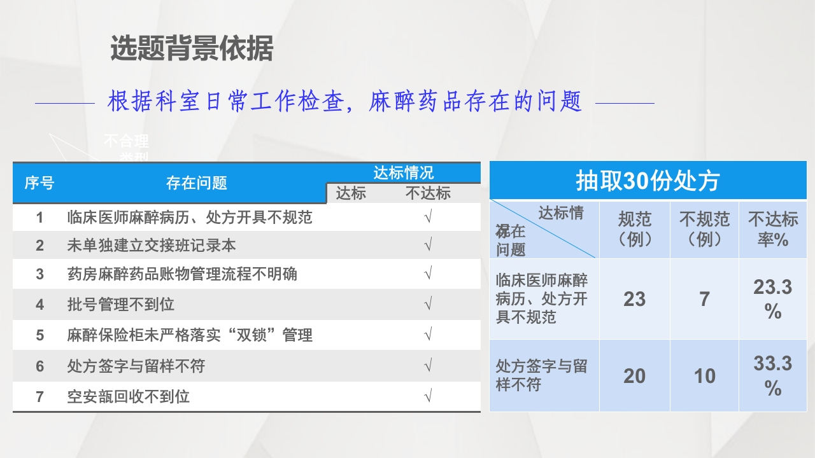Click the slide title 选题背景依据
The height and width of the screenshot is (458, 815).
(x=192, y=49)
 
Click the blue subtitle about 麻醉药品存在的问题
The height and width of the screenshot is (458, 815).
(x=344, y=102)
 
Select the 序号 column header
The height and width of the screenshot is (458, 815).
(x=39, y=184)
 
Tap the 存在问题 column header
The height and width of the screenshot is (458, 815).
(x=197, y=184)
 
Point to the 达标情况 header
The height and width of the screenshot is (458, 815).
(x=403, y=173)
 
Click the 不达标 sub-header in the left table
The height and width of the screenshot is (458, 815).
(x=428, y=193)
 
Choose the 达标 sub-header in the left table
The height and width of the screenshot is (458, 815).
(x=351, y=193)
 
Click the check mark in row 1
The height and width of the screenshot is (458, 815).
(x=428, y=218)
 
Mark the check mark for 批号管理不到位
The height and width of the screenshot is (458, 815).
(x=428, y=304)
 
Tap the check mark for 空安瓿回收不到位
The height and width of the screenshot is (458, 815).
(x=428, y=397)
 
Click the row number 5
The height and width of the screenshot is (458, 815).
(x=39, y=335)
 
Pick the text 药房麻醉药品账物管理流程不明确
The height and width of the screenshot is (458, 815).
(x=182, y=275)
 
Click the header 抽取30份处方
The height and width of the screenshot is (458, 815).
(x=648, y=181)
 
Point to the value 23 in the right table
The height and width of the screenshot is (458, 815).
(x=634, y=299)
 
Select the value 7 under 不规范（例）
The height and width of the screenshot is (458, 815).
(x=704, y=299)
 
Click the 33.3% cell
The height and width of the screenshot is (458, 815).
(x=773, y=375)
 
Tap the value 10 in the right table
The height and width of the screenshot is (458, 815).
(x=704, y=376)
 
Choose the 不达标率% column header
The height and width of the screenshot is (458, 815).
(x=773, y=229)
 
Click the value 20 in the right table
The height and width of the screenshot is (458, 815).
(x=634, y=376)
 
